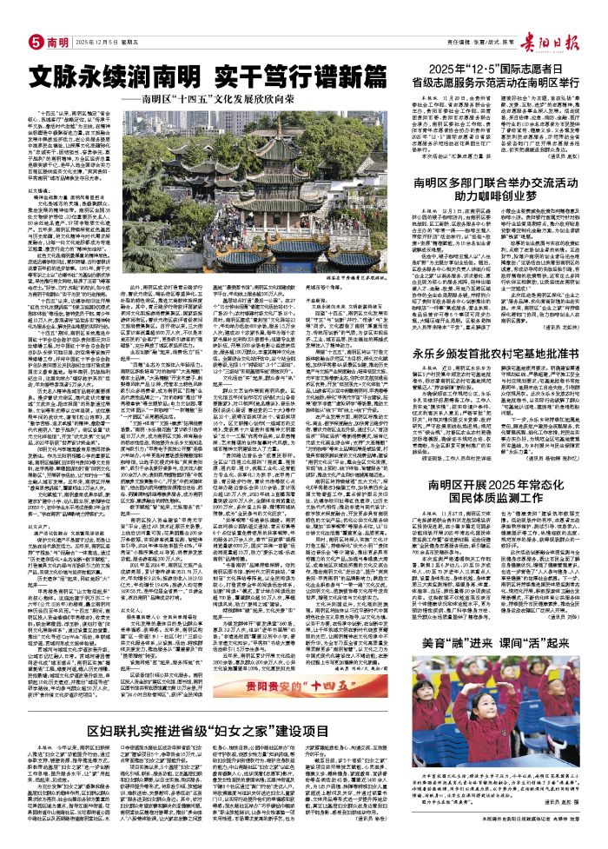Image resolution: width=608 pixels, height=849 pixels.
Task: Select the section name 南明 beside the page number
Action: coord(34,17)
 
